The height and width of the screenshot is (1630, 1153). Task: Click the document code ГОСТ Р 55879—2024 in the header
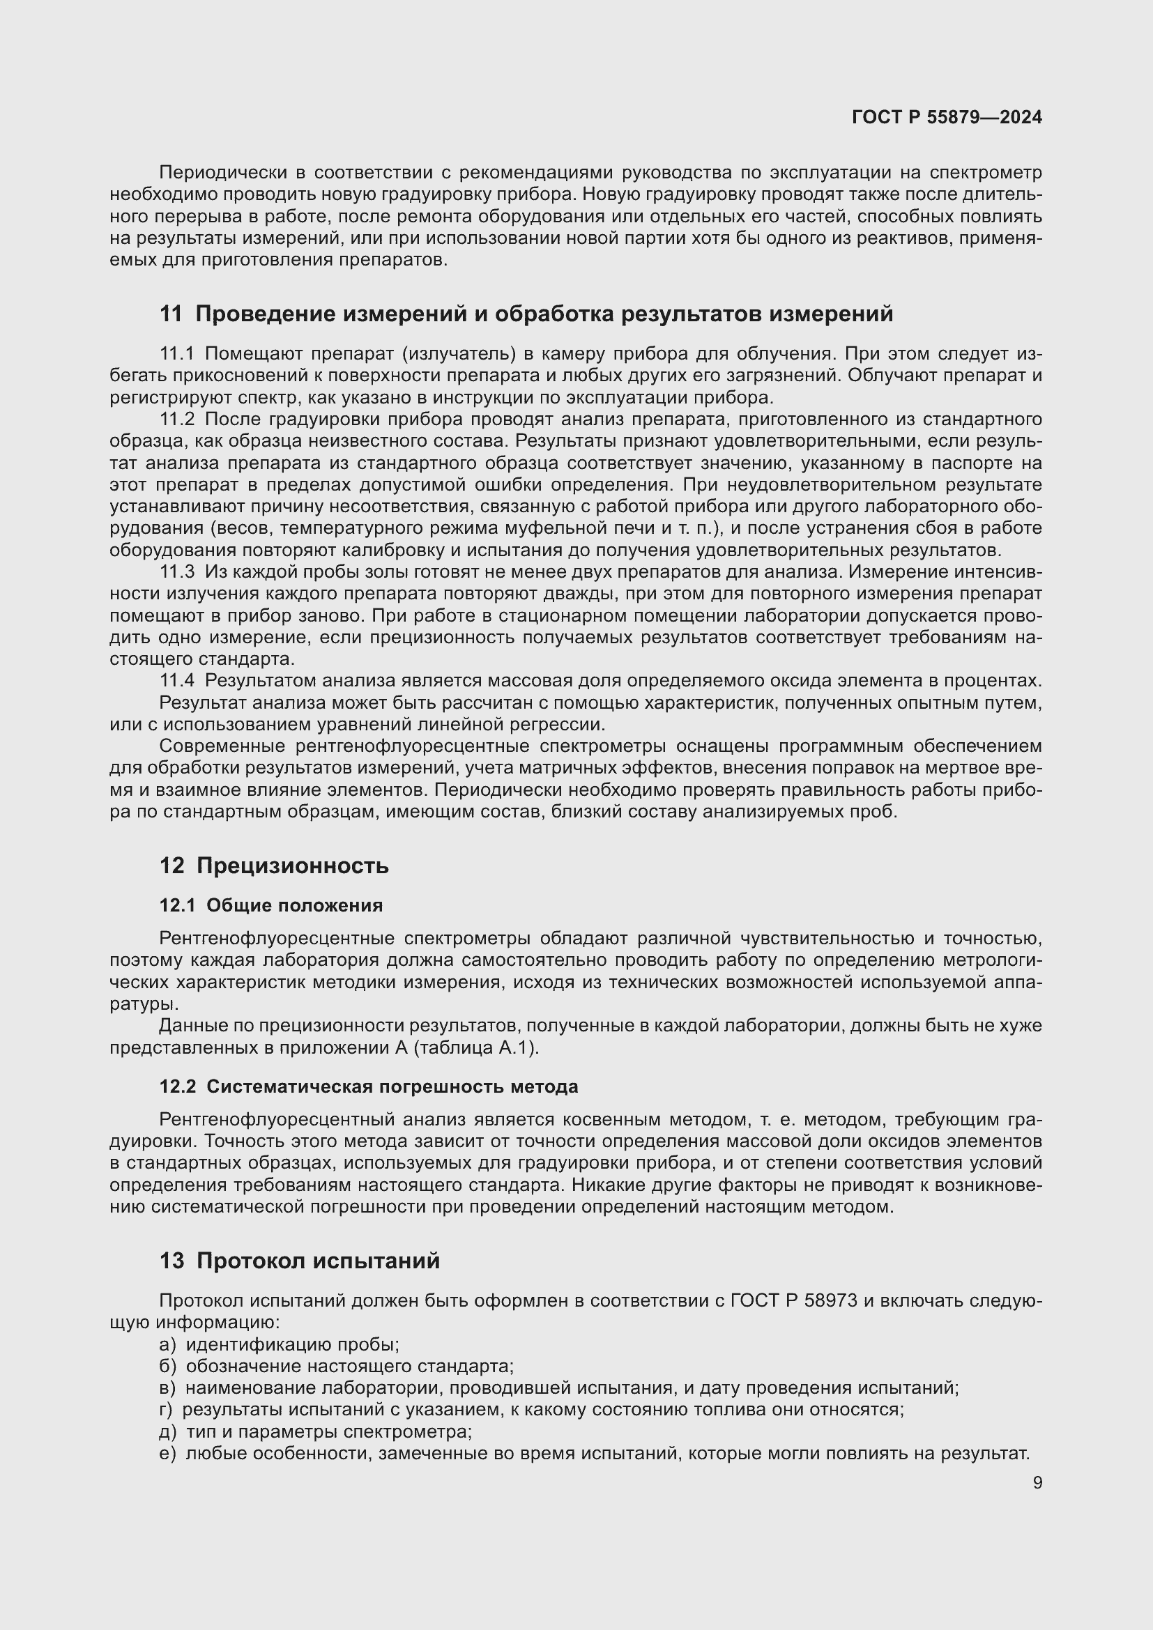tap(947, 117)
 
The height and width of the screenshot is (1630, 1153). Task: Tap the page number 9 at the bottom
tap(1037, 1483)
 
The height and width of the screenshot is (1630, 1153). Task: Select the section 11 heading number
tap(171, 314)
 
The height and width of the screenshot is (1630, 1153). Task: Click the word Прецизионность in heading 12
tap(293, 866)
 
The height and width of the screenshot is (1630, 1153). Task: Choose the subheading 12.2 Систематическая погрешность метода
tap(369, 1087)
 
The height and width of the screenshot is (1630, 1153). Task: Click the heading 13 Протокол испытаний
tap(300, 1261)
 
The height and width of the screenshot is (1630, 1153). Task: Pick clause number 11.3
tap(177, 571)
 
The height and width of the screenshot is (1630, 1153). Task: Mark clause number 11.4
tap(177, 680)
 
